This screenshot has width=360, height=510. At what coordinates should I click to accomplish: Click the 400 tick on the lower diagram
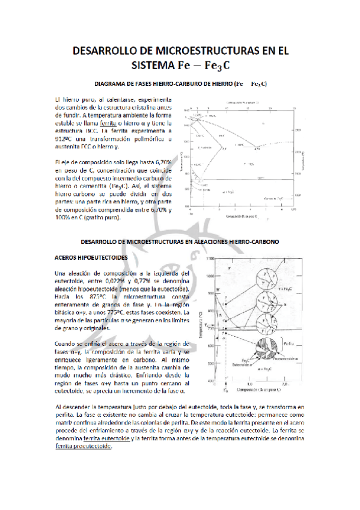(210, 381)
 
